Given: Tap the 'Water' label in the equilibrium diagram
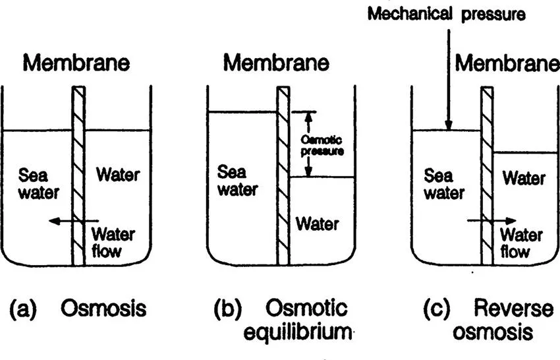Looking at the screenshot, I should [317, 224].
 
